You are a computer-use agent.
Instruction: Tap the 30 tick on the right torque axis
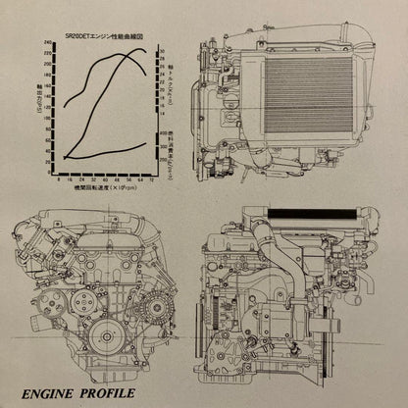[163, 51]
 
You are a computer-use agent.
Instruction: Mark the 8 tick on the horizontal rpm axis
[60, 181]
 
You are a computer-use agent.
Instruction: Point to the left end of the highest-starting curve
[65, 104]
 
